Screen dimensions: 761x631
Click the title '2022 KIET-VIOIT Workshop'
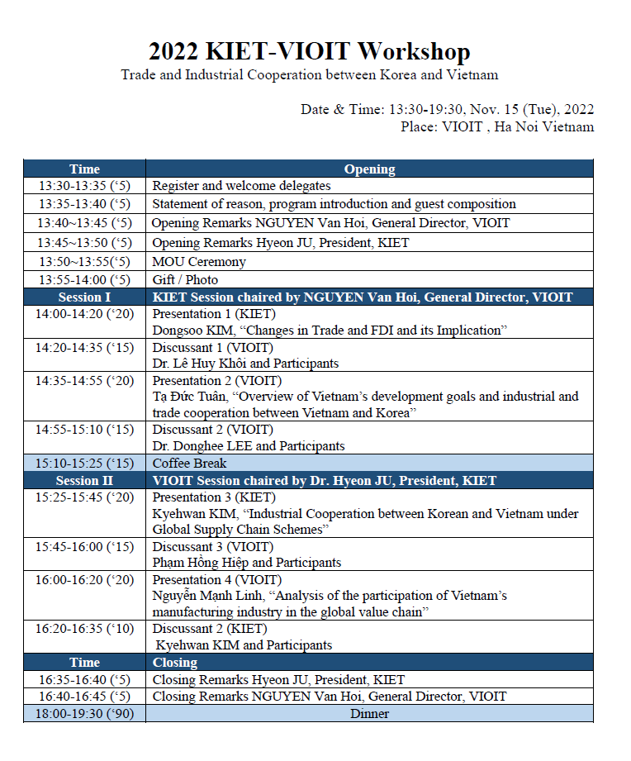(309, 52)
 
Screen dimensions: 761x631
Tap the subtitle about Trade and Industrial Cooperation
(309, 75)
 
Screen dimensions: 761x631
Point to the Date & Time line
(447, 109)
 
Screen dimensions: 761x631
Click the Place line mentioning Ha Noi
(496, 126)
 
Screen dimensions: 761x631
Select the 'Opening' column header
(369, 169)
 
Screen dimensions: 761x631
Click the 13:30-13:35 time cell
(84, 186)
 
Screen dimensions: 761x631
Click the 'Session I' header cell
(84, 297)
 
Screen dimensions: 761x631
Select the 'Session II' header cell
(84, 480)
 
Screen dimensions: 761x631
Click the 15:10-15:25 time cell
(84, 463)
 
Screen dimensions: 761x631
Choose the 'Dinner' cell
(369, 713)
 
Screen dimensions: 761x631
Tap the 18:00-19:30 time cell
(84, 713)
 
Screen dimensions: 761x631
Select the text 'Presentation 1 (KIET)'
(214, 314)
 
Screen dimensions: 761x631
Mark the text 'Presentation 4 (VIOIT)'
(217, 580)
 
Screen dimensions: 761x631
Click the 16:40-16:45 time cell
(84, 696)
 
